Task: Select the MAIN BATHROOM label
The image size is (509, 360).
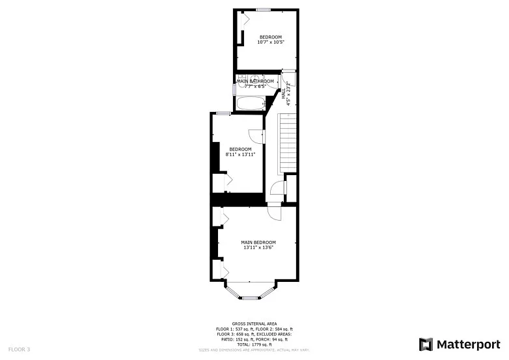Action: pos(260,81)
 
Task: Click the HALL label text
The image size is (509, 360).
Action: pos(284,93)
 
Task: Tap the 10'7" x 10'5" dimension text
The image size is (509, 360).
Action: pos(271,42)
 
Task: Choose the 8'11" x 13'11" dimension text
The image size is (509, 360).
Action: pos(240,154)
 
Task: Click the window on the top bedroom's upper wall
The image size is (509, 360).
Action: pos(263,9)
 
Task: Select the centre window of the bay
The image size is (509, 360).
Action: pos(250,298)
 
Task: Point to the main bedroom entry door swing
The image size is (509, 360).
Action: pos(273,212)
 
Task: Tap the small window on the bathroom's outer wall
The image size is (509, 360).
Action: pos(234,89)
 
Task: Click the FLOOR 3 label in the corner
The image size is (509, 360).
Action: pos(19,350)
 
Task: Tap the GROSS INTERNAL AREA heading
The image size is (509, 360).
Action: pos(255,324)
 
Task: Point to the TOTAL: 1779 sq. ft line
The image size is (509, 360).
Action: pos(255,344)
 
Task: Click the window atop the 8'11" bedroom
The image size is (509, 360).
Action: pos(223,113)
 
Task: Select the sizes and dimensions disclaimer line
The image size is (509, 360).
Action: pos(255,350)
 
